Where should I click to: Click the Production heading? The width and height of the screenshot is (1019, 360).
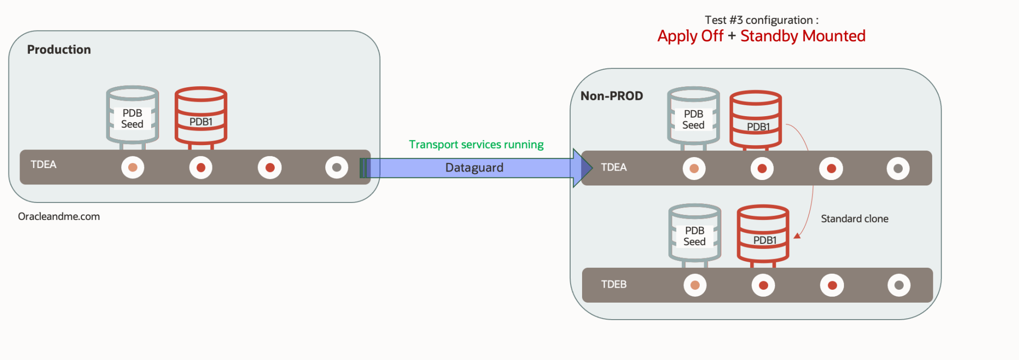point(59,49)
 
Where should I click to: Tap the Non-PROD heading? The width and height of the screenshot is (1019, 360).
point(611,96)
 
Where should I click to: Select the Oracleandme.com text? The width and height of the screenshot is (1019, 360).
point(59,216)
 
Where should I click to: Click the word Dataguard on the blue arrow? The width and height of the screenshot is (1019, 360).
point(474,168)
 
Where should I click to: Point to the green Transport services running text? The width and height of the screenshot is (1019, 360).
point(476,145)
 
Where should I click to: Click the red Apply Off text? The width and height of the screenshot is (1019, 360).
point(690,36)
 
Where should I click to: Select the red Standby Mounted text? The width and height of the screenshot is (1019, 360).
point(803,36)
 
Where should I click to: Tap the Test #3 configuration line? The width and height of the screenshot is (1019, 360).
point(761,20)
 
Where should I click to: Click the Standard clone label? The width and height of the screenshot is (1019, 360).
point(854,218)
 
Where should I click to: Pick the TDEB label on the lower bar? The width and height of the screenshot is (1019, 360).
point(613,284)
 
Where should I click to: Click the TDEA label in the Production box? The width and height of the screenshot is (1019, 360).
point(43,165)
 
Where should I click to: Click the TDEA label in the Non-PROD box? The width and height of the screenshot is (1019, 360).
point(613,167)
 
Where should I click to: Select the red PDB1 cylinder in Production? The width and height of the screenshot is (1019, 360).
point(201,116)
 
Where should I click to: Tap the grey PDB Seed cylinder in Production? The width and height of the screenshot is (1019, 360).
point(132,116)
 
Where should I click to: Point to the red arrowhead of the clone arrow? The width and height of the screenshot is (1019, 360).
point(797,235)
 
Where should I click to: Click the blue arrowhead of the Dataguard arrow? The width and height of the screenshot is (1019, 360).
point(582,168)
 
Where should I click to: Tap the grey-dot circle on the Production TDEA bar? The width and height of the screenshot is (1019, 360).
point(337,168)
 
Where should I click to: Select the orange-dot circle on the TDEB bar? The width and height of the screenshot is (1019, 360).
point(695,285)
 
